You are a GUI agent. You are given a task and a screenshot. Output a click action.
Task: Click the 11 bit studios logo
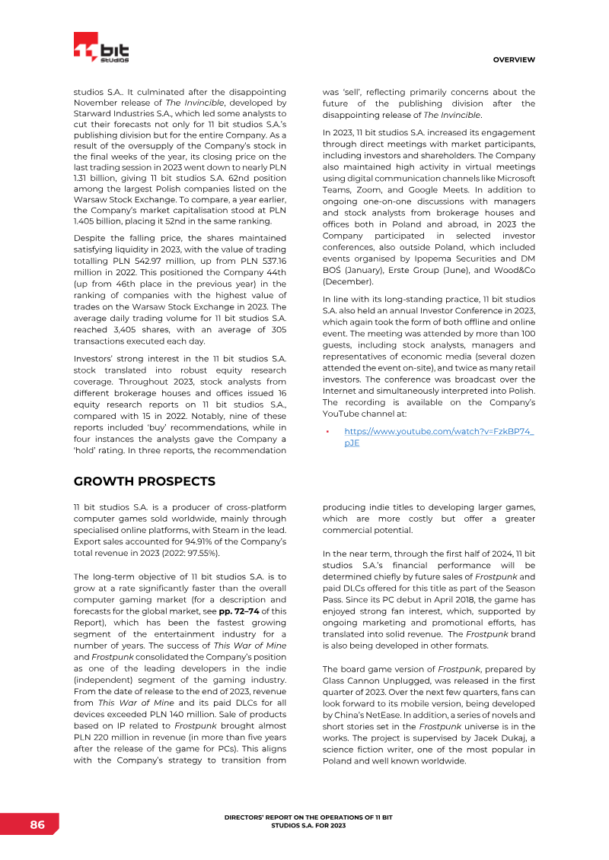pyautogui.click(x=100, y=49)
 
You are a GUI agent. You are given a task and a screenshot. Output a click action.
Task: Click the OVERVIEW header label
pyautogui.click(x=514, y=59)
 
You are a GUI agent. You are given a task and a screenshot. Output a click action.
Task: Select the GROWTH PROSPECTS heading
pyautogui.click(x=145, y=481)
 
